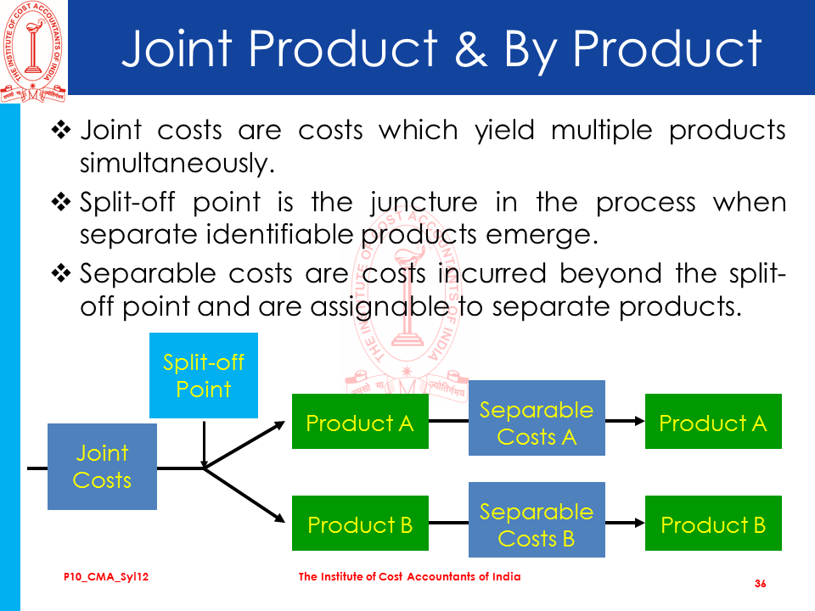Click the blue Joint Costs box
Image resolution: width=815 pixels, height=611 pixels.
click(102, 468)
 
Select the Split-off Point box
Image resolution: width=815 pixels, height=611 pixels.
click(203, 375)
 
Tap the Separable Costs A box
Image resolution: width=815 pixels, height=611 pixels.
click(537, 423)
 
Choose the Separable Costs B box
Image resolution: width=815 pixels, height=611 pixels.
click(537, 524)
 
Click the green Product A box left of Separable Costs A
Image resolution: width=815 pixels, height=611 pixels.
click(360, 423)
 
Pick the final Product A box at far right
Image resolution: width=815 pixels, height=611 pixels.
click(713, 423)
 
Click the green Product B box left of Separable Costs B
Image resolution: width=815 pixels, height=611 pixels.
click(360, 524)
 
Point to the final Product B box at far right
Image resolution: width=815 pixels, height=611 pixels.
click(713, 524)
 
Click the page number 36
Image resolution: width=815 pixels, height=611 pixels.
click(760, 584)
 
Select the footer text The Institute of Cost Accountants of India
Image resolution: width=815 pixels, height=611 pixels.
click(410, 577)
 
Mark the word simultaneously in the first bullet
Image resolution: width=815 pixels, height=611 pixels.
click(177, 162)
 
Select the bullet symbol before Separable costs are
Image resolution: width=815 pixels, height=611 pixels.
click(64, 274)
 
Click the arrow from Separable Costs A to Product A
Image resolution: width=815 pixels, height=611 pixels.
click(625, 421)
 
